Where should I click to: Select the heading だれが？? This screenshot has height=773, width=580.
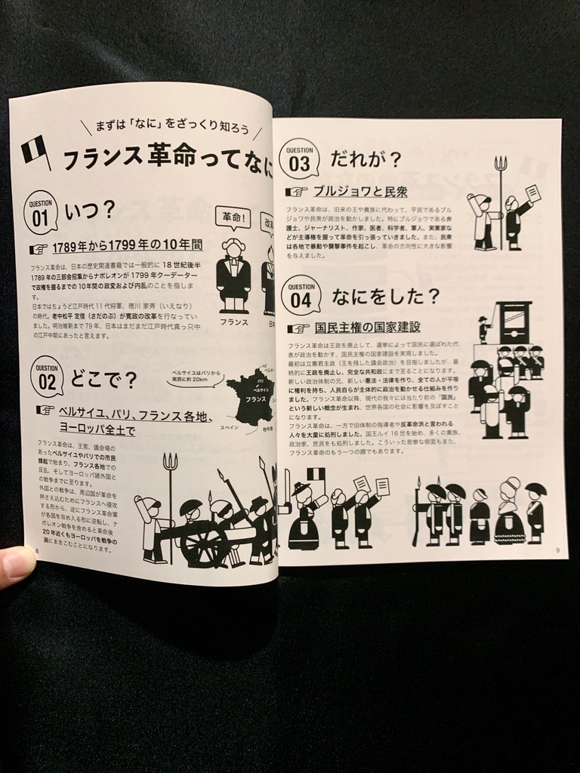pyautogui.click(x=366, y=160)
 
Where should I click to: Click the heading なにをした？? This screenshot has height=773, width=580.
pyautogui.click(x=385, y=297)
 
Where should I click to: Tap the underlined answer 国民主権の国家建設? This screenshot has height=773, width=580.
pyautogui.click(x=366, y=328)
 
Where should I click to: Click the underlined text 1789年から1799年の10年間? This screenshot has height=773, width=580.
pyautogui.click(x=127, y=246)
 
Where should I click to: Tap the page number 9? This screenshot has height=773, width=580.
pyautogui.click(x=557, y=550)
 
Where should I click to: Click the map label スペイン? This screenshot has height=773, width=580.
pyautogui.click(x=230, y=427)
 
